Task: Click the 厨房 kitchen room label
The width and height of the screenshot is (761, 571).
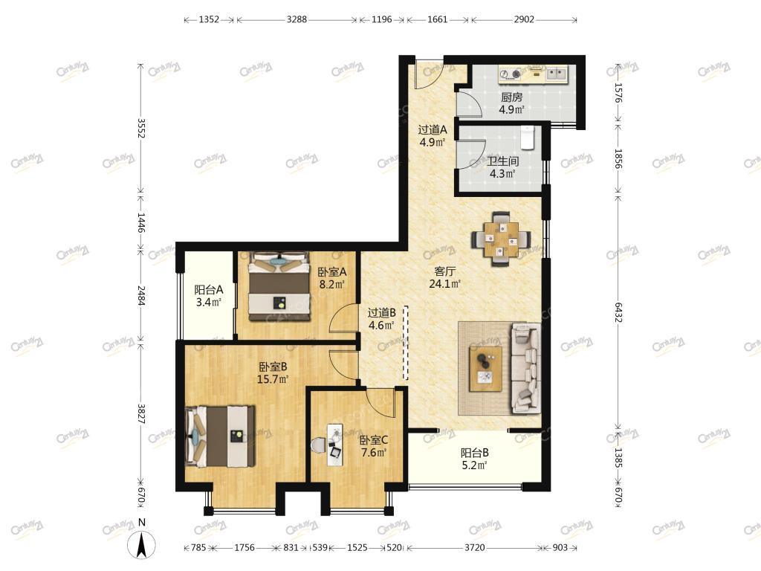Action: pyautogui.click(x=511, y=97)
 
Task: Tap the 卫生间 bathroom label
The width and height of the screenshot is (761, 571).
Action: pyautogui.click(x=503, y=161)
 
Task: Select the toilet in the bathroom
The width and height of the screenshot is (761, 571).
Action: pyautogui.click(x=527, y=138)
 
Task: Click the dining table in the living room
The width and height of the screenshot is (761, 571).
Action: pyautogui.click(x=500, y=239)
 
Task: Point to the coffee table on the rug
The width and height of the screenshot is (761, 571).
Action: pyautogui.click(x=485, y=369)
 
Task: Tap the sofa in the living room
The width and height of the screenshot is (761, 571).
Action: pyautogui.click(x=525, y=369)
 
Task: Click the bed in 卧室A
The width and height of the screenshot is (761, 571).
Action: pyautogui.click(x=279, y=286)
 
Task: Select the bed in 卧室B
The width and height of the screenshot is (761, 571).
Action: pyautogui.click(x=221, y=436)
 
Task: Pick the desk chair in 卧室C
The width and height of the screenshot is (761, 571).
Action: pyautogui.click(x=318, y=445)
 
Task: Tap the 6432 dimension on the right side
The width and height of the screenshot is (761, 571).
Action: pyautogui.click(x=618, y=312)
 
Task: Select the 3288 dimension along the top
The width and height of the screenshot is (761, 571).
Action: pyautogui.click(x=297, y=19)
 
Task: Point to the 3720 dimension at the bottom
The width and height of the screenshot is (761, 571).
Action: pyautogui.click(x=474, y=547)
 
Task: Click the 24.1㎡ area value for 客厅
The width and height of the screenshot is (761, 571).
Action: pyautogui.click(x=444, y=283)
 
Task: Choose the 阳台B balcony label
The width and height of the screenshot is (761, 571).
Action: pyautogui.click(x=474, y=453)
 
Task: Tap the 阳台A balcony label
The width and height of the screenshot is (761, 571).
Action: pyautogui.click(x=208, y=290)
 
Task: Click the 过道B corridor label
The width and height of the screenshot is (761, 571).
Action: pyautogui.click(x=381, y=313)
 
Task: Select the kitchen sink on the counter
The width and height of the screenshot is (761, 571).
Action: pyautogui.click(x=556, y=74)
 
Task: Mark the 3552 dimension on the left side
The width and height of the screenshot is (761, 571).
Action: pyautogui.click(x=140, y=128)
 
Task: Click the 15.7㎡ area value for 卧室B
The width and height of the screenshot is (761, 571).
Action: pyautogui.click(x=273, y=378)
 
